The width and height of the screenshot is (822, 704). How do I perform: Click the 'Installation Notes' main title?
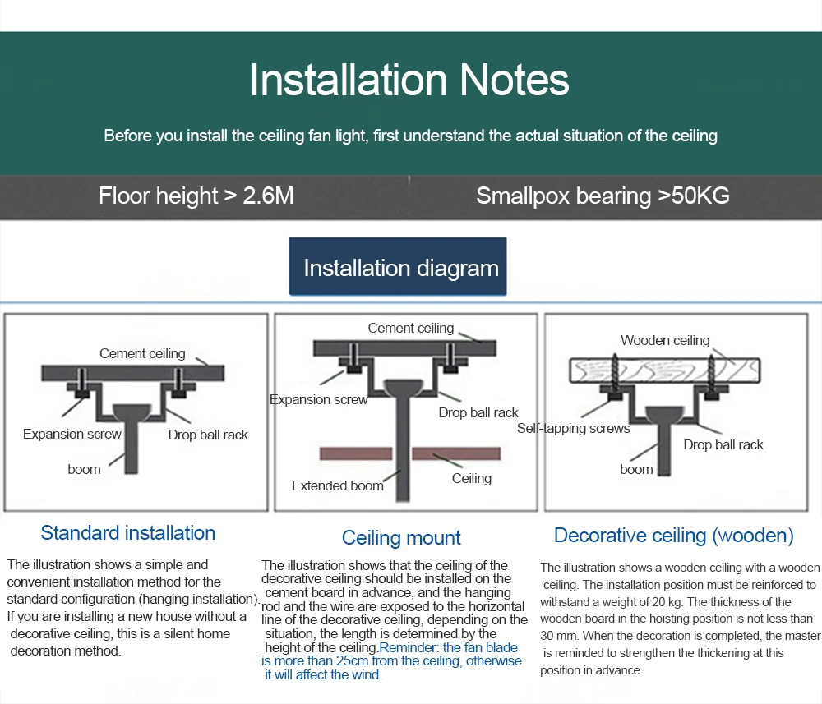click(409, 81)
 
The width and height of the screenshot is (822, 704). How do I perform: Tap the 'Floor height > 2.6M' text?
click(196, 196)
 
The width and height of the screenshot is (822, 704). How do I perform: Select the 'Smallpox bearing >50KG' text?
click(603, 196)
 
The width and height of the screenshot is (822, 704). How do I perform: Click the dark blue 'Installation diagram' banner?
click(400, 268)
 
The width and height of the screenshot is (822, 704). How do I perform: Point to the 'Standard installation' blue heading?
click(128, 532)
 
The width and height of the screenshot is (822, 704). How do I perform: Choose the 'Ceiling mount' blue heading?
click(401, 538)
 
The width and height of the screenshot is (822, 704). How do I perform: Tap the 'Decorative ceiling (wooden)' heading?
click(674, 536)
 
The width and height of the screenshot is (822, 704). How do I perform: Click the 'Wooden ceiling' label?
click(665, 340)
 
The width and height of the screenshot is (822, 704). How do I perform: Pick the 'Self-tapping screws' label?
click(573, 428)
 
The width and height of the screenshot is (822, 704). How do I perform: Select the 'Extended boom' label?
click(338, 485)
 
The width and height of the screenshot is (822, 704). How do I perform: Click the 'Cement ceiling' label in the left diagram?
click(142, 353)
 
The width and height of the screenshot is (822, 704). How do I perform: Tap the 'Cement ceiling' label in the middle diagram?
click(411, 328)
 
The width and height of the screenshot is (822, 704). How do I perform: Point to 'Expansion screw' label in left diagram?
click(72, 434)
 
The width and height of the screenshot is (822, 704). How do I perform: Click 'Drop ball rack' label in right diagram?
click(723, 444)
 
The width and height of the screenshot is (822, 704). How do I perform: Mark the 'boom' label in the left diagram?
click(84, 469)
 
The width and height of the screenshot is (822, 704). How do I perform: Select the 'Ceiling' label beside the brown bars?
click(472, 478)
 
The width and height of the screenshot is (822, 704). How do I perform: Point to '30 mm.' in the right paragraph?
click(557, 636)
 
